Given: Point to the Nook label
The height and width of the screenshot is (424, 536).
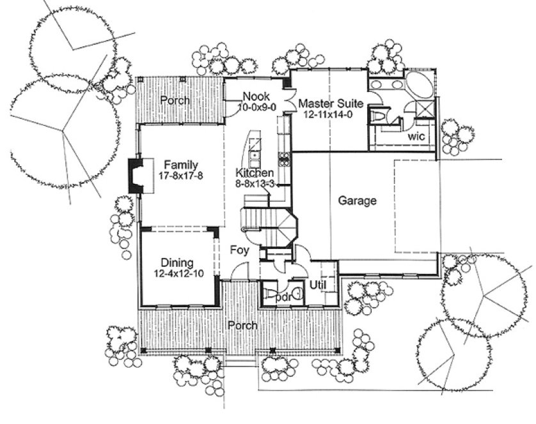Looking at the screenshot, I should [x=255, y=97].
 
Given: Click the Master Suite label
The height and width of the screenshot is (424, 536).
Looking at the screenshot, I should [x=331, y=103].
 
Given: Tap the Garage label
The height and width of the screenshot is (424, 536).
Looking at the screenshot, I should [x=357, y=201].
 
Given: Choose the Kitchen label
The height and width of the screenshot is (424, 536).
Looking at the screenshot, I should [x=255, y=173].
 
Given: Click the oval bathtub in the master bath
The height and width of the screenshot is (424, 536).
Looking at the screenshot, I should [x=418, y=86].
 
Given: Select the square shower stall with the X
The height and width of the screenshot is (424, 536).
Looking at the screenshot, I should [x=422, y=109].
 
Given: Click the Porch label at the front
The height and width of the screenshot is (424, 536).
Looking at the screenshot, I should [x=244, y=326].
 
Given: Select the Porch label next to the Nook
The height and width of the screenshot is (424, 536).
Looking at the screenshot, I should [x=175, y=101].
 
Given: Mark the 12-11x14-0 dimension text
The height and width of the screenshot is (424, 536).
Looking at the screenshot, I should [x=331, y=114].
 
